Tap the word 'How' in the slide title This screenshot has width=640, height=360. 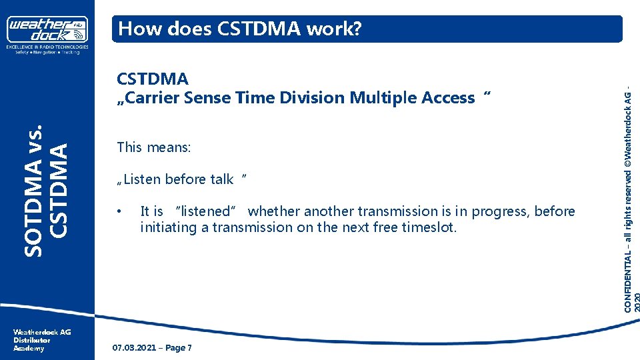[137, 29]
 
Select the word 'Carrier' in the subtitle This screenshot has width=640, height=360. [153, 98]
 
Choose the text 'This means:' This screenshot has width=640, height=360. [153, 147]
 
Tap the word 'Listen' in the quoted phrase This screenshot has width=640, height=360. [143, 179]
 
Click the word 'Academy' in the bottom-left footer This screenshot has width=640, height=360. [29, 348]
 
